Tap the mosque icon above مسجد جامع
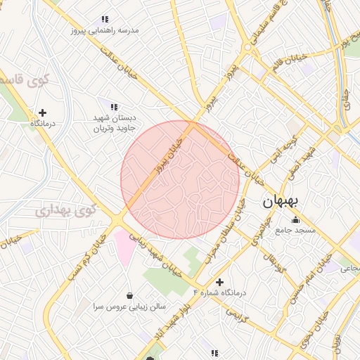coord(294,220)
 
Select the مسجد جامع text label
coord(296,230)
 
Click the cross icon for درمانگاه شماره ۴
coord(219,282)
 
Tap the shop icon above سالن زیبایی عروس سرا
coord(129,295)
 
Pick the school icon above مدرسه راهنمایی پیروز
coord(105,20)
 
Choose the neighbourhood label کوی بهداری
coord(65,209)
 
